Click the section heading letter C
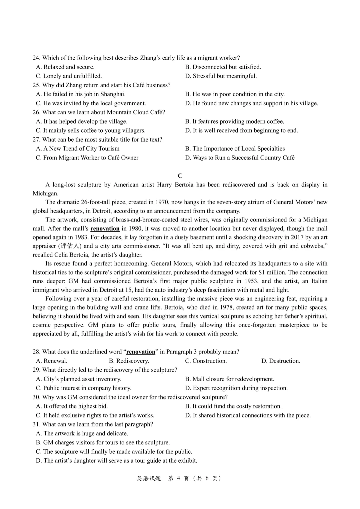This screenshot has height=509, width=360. [x=180, y=176]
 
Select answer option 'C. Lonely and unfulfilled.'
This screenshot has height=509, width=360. [x=69, y=76]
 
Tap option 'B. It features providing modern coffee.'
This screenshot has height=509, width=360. [x=235, y=121]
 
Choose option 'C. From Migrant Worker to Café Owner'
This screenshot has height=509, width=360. [x=87, y=158]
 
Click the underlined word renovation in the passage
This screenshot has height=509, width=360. [x=105, y=229]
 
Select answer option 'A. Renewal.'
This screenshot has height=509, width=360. [x=52, y=361]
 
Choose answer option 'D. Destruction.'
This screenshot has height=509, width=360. [x=281, y=361]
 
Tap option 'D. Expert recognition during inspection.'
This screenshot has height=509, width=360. [x=236, y=388]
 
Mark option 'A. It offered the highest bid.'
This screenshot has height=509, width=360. [x=72, y=406]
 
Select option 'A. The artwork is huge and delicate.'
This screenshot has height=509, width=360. [x=82, y=433]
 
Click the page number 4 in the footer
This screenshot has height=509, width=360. [x=178, y=478]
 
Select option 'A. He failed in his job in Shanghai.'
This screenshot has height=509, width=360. [x=81, y=94]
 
